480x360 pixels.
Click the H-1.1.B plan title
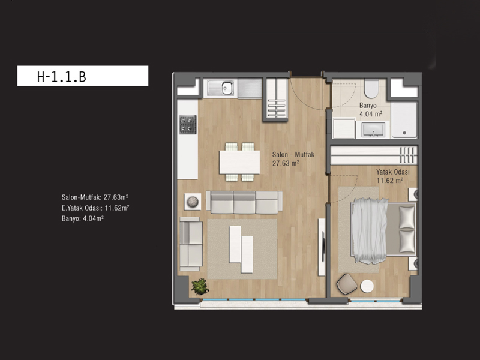tap(62, 77)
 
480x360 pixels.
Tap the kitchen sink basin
tap(227, 88)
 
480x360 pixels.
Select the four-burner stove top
tap(188, 125)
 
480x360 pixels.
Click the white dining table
tap(239, 162)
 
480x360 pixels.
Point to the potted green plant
tap(200, 287)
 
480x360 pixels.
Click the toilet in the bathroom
tap(371, 89)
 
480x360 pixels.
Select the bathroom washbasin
tap(373, 130)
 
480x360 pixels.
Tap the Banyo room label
tap(368, 106)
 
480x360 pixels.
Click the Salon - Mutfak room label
tap(293, 155)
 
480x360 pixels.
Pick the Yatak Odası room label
tap(393, 172)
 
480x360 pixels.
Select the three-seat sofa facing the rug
tap(244, 202)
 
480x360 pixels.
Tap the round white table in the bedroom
tap(367, 286)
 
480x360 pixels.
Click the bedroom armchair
tap(347, 284)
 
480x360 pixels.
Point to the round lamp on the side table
tap(193, 202)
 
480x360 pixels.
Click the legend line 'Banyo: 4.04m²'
tap(83, 218)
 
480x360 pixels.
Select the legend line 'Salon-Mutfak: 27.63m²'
tap(95, 197)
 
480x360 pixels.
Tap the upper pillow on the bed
tap(407, 217)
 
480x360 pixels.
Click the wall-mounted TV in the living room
tap(323, 247)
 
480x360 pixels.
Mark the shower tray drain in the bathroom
tap(404, 133)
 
